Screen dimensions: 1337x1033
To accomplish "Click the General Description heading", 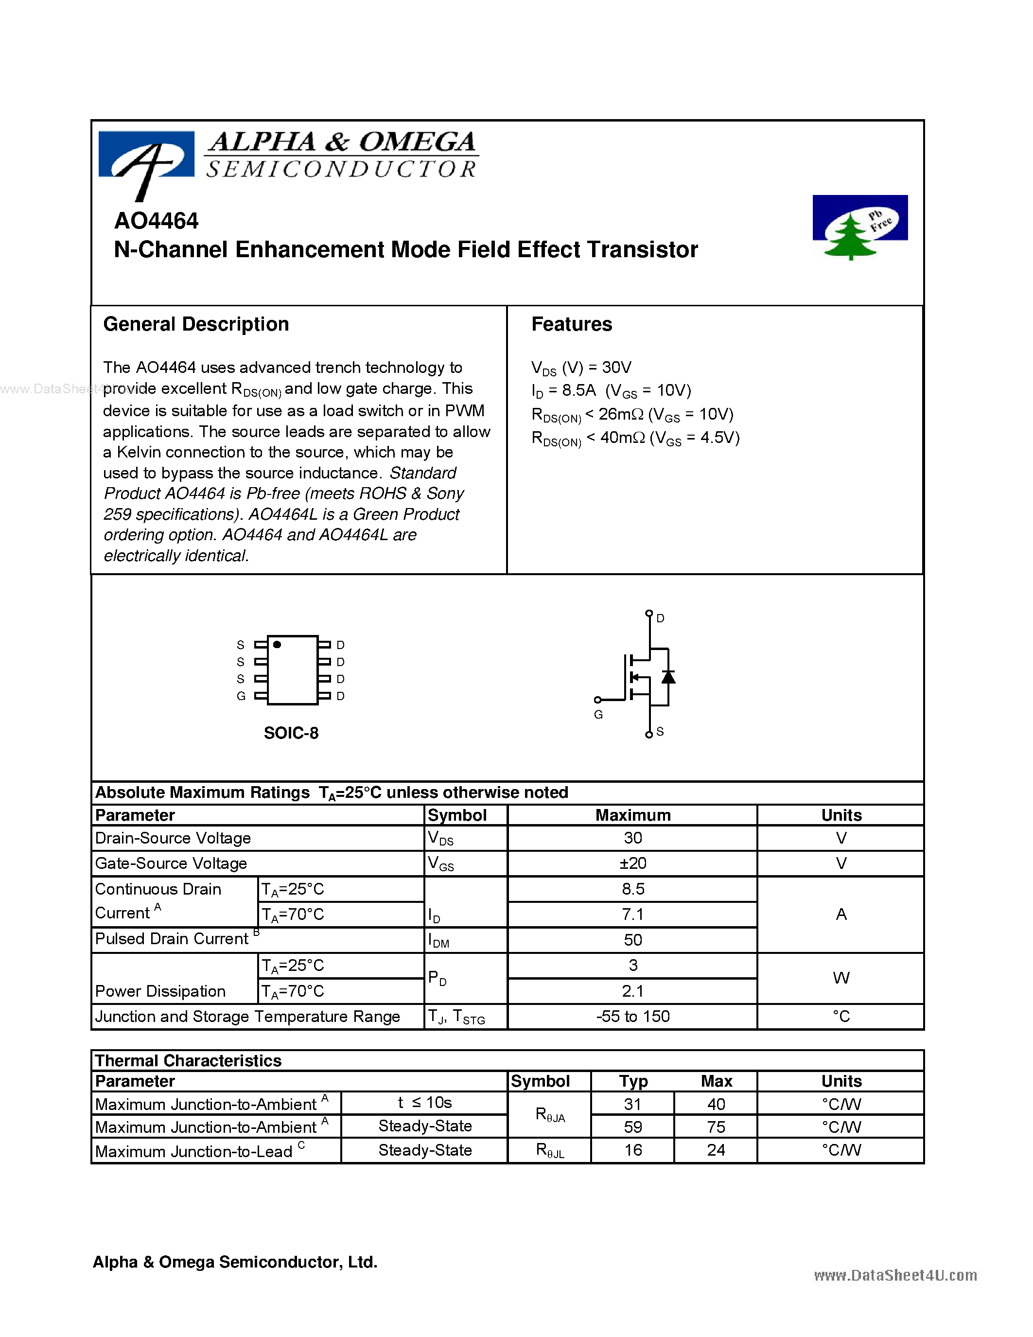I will tap(196, 324).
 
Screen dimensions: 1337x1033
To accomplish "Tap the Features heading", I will tap(571, 324).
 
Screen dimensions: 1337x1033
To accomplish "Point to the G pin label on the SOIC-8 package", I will tap(241, 696).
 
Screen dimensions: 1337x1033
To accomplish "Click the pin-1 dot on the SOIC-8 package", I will tap(277, 645).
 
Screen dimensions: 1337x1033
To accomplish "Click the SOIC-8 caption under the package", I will tap(291, 733).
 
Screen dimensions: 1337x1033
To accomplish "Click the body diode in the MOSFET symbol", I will tap(668, 676).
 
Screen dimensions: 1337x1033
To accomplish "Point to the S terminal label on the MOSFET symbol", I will tap(660, 732).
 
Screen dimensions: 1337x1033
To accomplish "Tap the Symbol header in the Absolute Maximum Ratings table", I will tap(457, 815).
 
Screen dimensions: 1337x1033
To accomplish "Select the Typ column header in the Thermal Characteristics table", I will tap(633, 1081).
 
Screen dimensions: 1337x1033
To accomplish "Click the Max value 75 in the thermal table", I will tap(716, 1127).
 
